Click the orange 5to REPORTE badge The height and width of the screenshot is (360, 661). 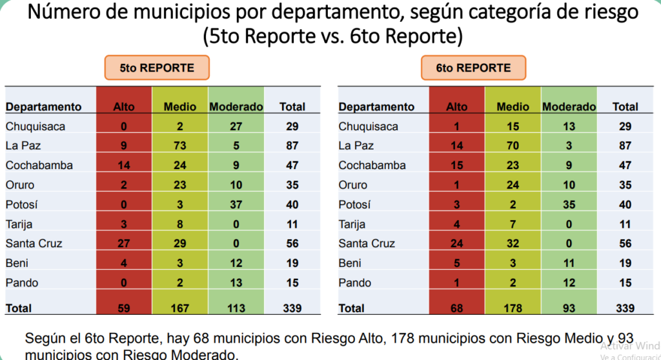[x=157, y=68]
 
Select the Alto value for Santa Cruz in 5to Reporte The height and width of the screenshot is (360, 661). [x=124, y=243]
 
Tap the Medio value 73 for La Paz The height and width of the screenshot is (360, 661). [x=180, y=146]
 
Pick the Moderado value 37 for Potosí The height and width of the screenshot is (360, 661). [x=236, y=205]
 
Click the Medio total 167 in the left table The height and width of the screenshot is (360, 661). [x=180, y=308]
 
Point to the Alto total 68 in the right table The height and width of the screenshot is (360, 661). [x=457, y=308]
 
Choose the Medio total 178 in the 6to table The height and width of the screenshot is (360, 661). [x=513, y=308]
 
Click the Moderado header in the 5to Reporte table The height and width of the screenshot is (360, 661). [x=236, y=106]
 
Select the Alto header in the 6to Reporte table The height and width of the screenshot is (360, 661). [x=457, y=106]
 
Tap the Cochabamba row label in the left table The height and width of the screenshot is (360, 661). [x=39, y=165]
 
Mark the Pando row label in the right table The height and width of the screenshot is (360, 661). [x=355, y=283]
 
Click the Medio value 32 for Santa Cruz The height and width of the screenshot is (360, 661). [x=513, y=243]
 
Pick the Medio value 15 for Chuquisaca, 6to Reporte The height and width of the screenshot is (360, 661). [x=513, y=126]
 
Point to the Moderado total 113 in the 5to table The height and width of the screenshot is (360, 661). [x=236, y=308]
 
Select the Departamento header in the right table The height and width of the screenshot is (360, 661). [x=376, y=106]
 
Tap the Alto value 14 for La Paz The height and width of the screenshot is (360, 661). [x=457, y=146]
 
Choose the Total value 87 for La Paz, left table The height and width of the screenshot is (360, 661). [x=292, y=146]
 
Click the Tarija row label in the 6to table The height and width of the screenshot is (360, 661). [x=352, y=224]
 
